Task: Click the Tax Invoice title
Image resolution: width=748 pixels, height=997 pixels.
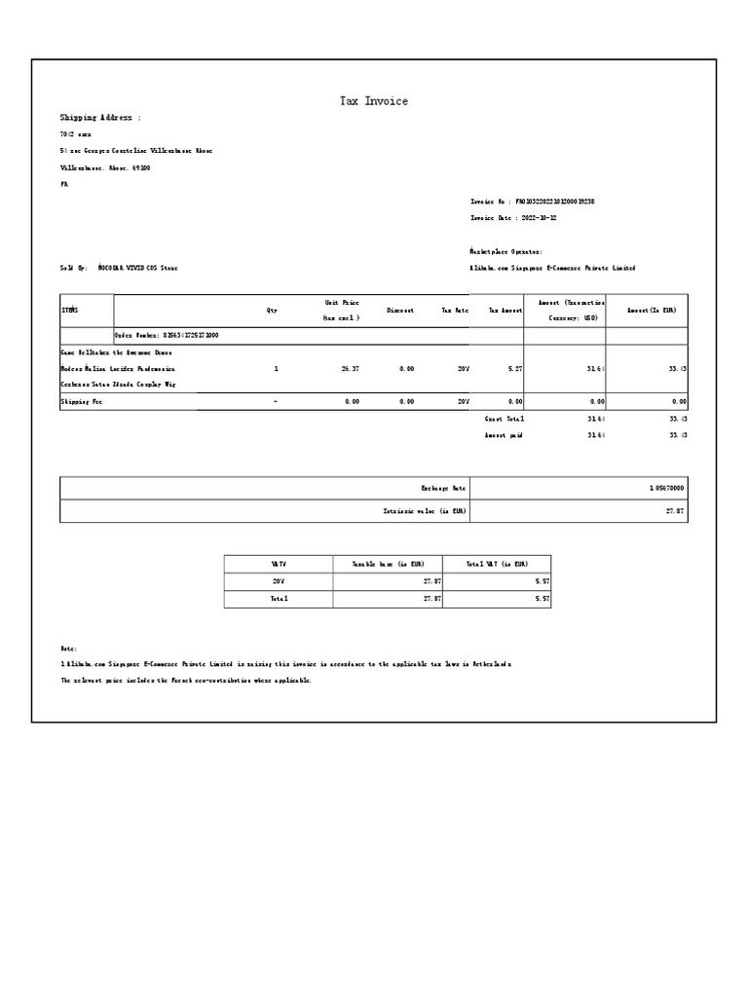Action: click(373, 101)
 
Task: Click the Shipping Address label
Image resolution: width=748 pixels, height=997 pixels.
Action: click(100, 118)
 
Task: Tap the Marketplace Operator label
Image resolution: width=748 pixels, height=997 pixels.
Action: click(512, 251)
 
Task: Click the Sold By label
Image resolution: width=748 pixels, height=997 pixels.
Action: click(74, 268)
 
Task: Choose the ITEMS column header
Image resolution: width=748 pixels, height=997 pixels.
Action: click(69, 311)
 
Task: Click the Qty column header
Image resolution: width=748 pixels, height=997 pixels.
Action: click(272, 311)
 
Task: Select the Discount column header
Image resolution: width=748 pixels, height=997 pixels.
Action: click(400, 311)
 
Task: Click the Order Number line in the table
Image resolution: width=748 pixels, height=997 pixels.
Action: click(167, 335)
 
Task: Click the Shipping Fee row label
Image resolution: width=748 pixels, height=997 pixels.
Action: click(81, 401)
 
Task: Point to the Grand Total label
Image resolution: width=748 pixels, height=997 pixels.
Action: click(505, 418)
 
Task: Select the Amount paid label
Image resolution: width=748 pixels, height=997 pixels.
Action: click(504, 435)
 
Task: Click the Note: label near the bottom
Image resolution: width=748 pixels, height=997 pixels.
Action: click(68, 648)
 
